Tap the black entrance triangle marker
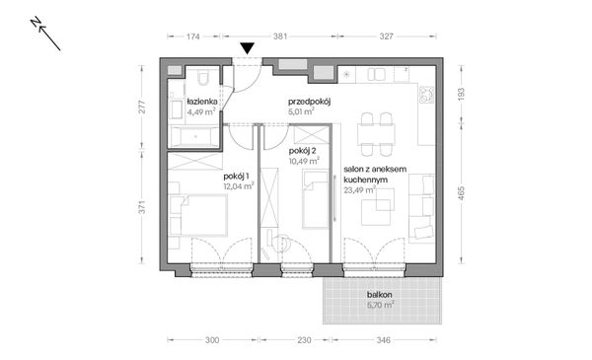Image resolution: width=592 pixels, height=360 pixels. click(x=247, y=47)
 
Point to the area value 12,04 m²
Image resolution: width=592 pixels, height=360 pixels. click(x=237, y=184)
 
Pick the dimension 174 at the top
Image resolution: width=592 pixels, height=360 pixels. click(x=192, y=36)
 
